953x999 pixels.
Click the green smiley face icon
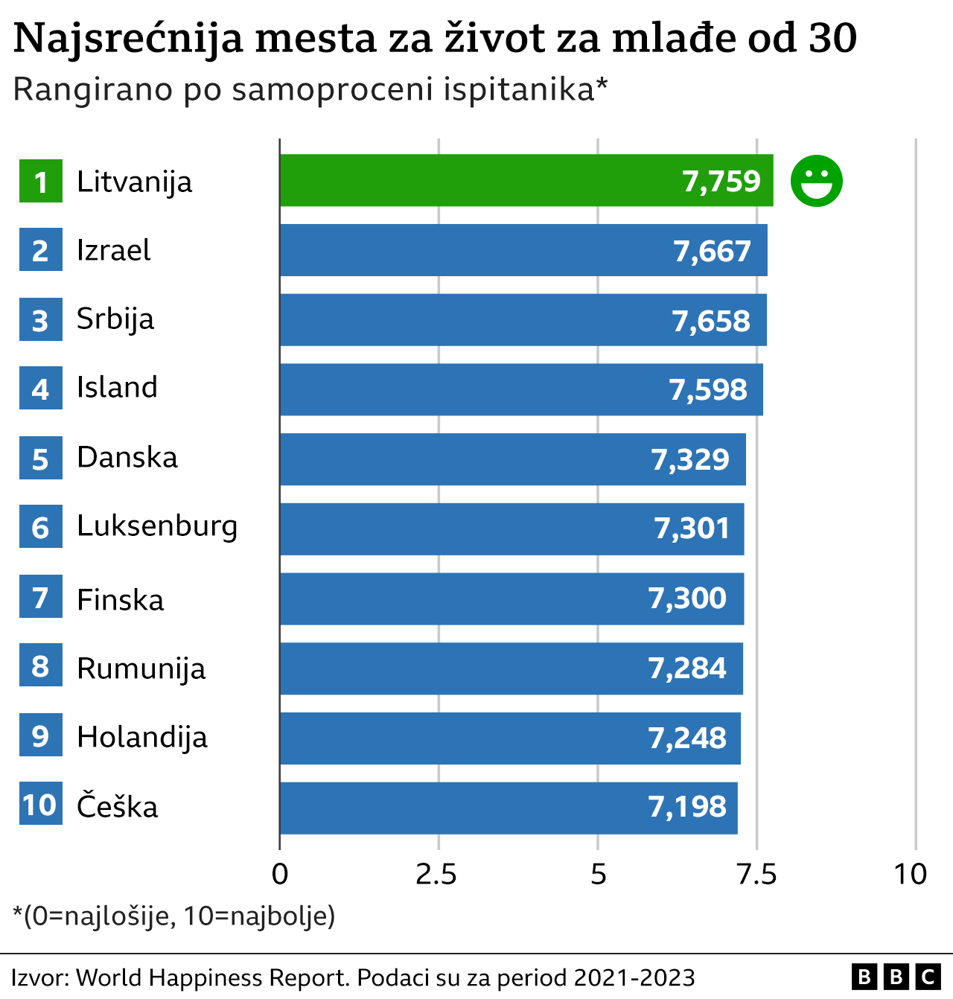(x=816, y=181)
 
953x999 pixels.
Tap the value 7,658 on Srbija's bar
(x=711, y=321)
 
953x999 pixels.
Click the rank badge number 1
(x=41, y=182)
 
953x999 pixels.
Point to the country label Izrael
(x=113, y=251)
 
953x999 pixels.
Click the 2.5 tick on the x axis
(x=437, y=874)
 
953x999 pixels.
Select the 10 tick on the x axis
(x=911, y=874)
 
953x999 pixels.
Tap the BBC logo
(x=896, y=977)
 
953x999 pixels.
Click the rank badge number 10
(x=40, y=804)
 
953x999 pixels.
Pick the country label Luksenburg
(x=157, y=526)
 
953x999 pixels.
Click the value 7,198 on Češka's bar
(x=687, y=807)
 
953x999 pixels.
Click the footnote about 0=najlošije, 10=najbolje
(x=174, y=916)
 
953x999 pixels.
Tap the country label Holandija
(x=142, y=738)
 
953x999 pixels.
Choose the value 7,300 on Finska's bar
(x=687, y=599)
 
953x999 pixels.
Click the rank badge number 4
(x=41, y=389)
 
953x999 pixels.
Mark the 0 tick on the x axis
(x=280, y=874)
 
